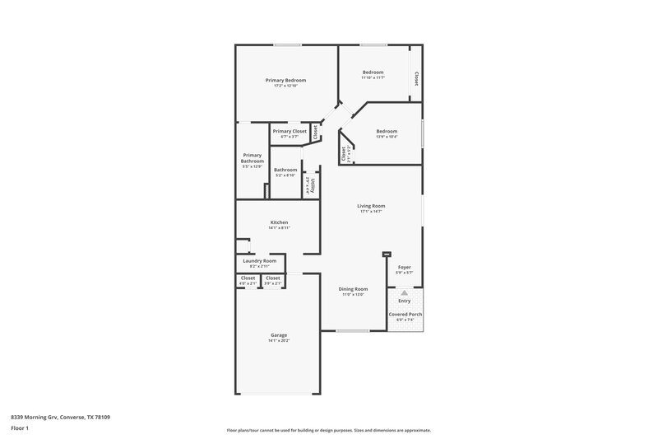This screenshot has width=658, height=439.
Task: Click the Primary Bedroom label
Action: click(285, 80)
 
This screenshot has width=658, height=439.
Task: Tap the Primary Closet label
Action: click(290, 131)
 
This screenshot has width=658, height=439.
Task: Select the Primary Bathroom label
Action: click(253, 158)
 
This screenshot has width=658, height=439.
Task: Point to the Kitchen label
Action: click(280, 222)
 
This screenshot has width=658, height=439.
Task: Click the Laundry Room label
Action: click(258, 261)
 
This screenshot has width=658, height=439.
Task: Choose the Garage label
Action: click(279, 334)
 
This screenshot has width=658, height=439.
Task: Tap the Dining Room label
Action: click(354, 289)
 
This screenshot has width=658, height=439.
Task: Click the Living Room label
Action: click(371, 206)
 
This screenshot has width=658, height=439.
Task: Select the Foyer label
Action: click(404, 268)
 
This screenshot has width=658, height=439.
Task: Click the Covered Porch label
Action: click(405, 315)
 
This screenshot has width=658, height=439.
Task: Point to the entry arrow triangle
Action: click(404, 292)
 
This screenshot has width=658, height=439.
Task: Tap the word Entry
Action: click(404, 301)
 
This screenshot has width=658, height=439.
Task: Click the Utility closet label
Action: click(313, 184)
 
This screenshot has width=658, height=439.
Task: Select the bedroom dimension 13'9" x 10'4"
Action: click(387, 137)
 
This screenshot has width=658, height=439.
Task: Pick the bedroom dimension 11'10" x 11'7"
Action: click(373, 77)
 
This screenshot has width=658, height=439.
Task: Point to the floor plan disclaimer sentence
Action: click(328, 430)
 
